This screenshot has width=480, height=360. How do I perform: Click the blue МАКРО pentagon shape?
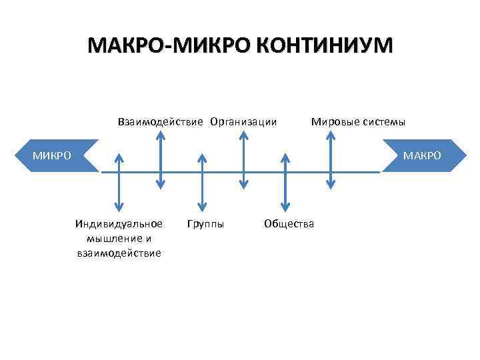click(421, 155)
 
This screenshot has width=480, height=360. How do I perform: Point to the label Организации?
click(244, 122)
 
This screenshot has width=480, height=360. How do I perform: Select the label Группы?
click(205, 223)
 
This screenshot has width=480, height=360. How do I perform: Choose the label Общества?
click(289, 223)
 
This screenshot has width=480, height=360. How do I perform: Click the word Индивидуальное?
click(119, 223)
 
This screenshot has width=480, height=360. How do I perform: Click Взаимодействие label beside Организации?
click(162, 122)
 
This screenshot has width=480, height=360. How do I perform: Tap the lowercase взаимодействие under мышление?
click(119, 253)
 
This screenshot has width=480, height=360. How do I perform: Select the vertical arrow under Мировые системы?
click(330, 159)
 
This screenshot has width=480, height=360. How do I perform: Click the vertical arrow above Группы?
click(202, 183)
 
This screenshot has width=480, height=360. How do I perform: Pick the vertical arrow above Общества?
click(285, 183)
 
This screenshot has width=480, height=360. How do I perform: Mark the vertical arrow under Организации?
click(244, 159)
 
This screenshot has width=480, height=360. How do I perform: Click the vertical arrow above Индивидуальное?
click(119, 183)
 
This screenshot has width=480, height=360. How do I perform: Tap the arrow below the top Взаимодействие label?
click(161, 159)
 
